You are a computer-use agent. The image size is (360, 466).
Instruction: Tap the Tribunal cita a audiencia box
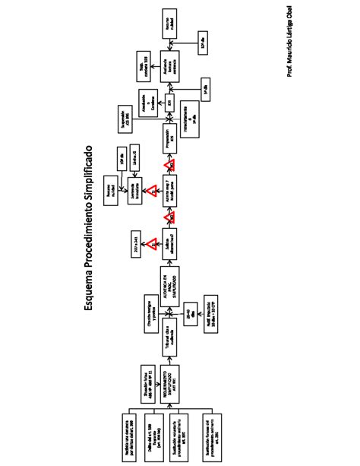click(172, 329)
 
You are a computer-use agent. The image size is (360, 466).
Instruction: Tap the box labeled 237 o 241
click(136, 241)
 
